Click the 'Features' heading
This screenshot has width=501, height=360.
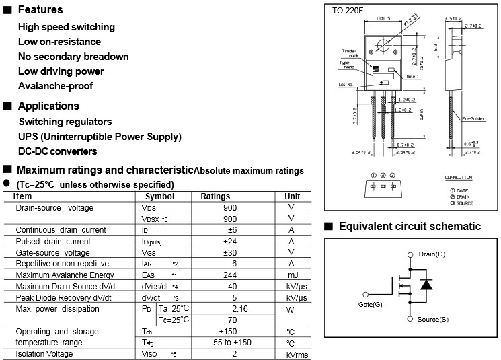(40, 9)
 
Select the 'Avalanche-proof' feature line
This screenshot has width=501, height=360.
(56, 86)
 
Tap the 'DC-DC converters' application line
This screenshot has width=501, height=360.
(58, 151)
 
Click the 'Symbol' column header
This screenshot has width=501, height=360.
(159, 196)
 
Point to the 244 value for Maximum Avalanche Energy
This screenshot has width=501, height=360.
(230, 275)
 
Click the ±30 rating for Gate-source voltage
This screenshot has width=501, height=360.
(230, 252)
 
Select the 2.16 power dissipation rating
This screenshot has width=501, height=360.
(230, 308)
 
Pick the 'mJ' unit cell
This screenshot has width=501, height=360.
(291, 275)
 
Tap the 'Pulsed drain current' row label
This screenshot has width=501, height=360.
(53, 241)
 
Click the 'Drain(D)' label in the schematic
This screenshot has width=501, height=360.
(432, 254)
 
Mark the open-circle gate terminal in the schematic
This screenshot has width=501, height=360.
(366, 294)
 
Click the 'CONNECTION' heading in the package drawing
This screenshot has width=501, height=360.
(459, 178)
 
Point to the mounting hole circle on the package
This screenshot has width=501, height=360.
(385, 45)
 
